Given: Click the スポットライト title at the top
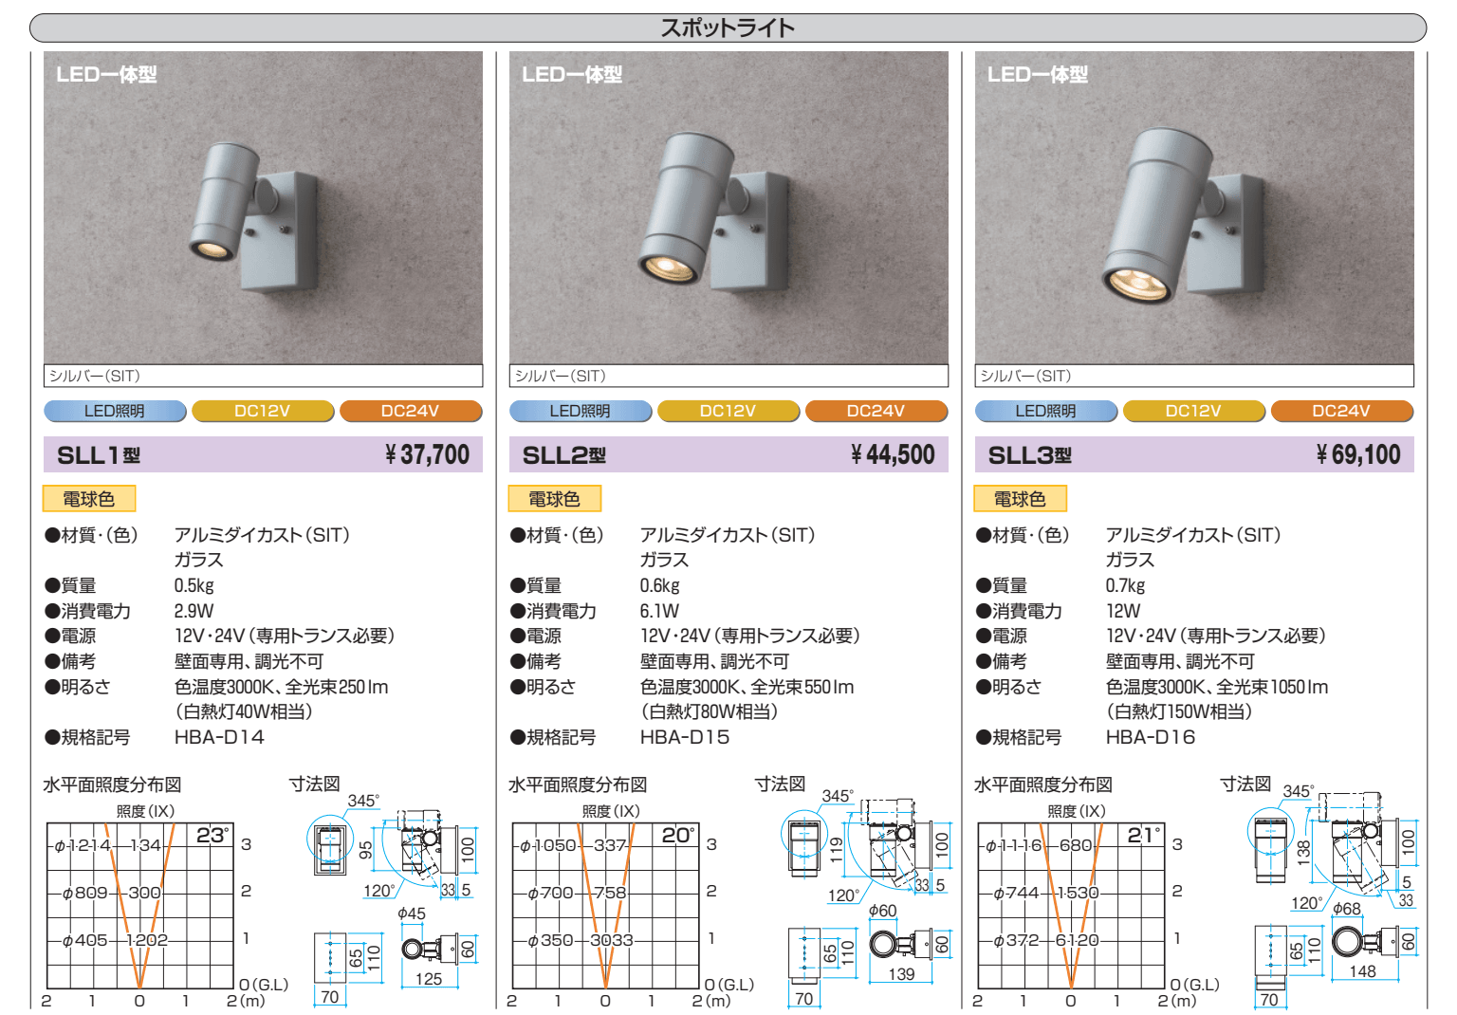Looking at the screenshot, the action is tap(728, 28).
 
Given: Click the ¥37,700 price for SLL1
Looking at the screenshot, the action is tap(428, 454).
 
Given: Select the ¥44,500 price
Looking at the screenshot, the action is tap(893, 454).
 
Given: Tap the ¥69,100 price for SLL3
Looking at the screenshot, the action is tap(1358, 454).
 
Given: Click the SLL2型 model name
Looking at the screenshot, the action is tap(564, 454).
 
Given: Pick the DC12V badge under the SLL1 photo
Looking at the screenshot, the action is tap(263, 411).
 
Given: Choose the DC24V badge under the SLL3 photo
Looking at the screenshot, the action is tap(1342, 411).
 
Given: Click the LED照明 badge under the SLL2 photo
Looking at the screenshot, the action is tap(581, 411).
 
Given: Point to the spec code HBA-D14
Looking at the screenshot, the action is tap(219, 737).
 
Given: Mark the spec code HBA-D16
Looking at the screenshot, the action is tap(1151, 737).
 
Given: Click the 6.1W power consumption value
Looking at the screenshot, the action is tap(659, 611).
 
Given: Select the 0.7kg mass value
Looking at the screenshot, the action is tap(1125, 585).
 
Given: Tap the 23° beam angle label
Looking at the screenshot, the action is tap(212, 836).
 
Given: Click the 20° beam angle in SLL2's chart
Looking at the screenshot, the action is tap(678, 836).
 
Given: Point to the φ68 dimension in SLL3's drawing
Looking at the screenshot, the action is tap(1346, 909).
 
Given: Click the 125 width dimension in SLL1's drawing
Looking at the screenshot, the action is tap(429, 979).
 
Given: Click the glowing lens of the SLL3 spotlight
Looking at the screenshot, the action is tap(1136, 285).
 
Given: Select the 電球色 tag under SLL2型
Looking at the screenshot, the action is tap(554, 499).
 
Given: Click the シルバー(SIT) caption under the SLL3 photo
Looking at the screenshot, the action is tap(1025, 376).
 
